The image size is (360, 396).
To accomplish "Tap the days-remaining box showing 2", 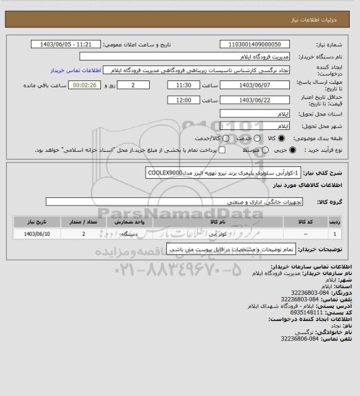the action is coord(142,85).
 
